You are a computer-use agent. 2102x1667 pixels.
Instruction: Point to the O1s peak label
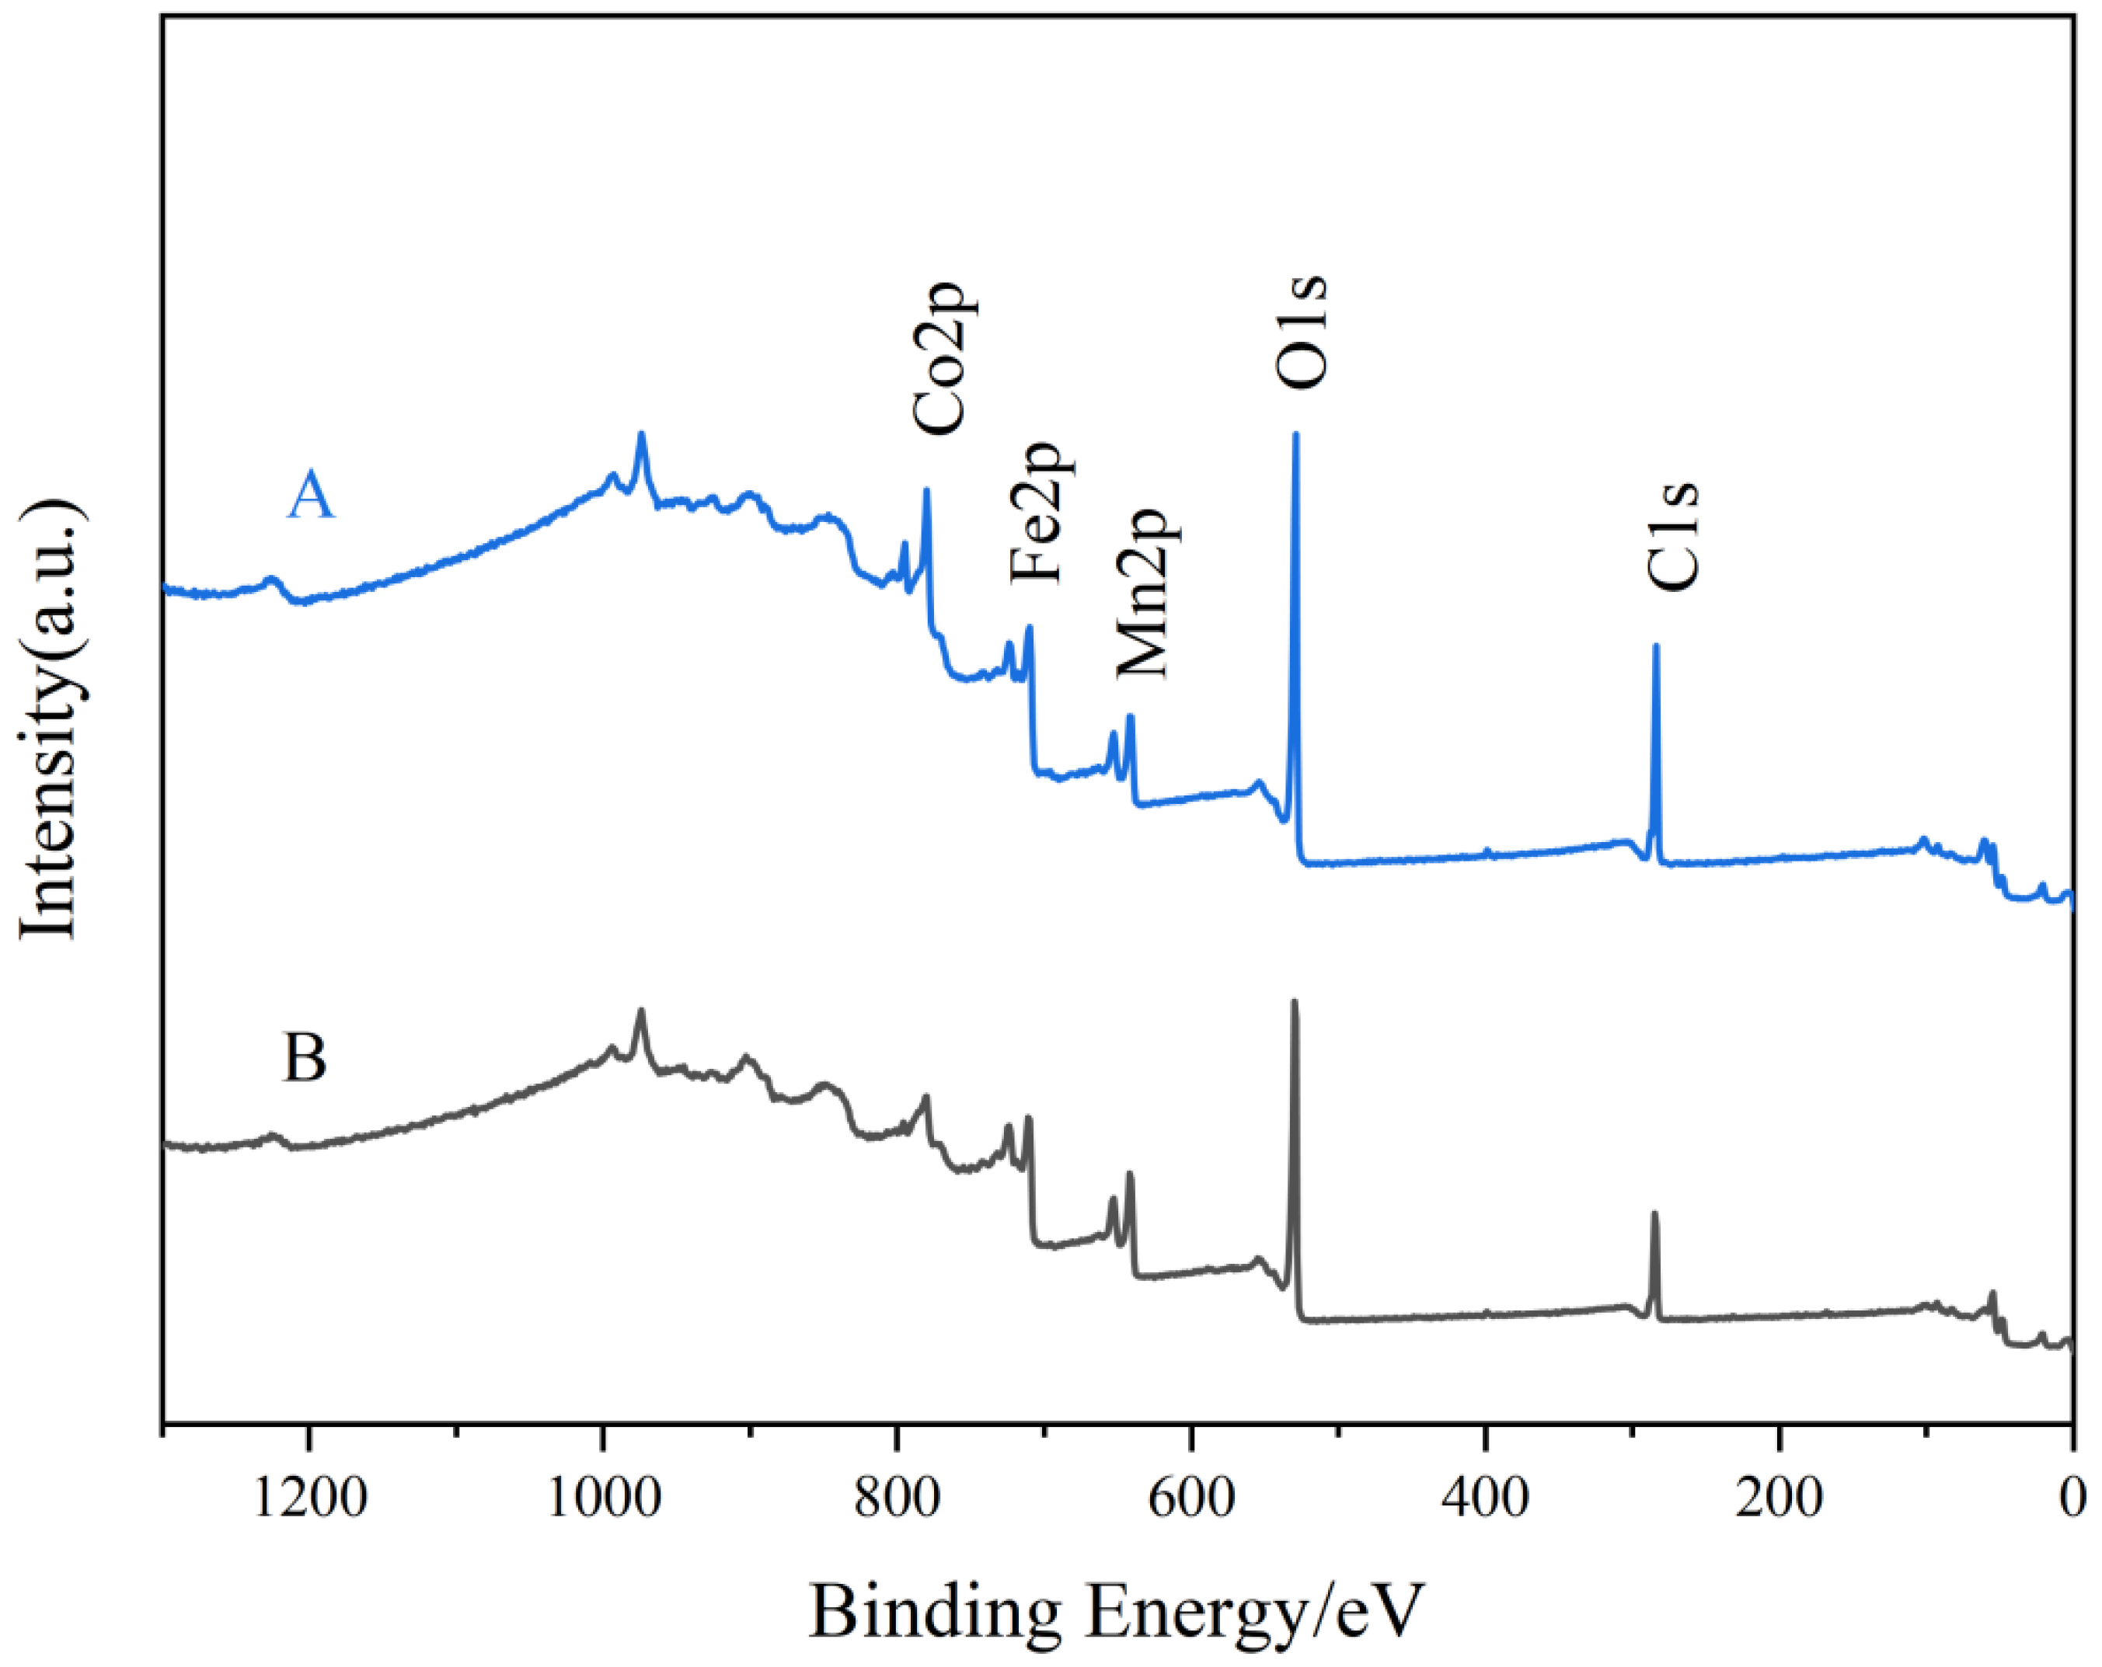(1301, 332)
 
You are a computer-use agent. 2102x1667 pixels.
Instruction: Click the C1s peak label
(1673, 535)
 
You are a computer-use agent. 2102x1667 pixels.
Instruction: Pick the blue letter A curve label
(310, 496)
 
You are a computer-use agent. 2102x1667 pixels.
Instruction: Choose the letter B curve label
(304, 1058)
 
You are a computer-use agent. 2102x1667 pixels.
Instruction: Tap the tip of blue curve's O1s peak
(1295, 435)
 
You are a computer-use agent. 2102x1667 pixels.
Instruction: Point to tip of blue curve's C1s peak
(1655, 646)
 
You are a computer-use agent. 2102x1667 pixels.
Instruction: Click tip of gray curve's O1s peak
(1295, 1002)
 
